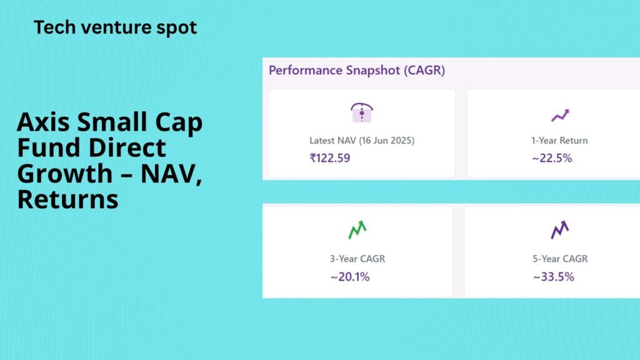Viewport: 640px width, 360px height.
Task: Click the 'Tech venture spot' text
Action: tap(115, 27)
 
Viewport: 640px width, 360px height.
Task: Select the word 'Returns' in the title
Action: tap(67, 199)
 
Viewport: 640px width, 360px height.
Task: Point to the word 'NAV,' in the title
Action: tap(171, 174)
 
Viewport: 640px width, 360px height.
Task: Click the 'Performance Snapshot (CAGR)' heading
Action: tap(357, 71)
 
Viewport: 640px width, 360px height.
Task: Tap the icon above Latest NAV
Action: tap(362, 112)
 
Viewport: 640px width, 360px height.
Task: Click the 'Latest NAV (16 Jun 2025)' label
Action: tap(362, 141)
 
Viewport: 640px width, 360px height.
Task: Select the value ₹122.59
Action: tap(330, 158)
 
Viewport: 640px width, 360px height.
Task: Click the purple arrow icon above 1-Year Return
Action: tap(560, 116)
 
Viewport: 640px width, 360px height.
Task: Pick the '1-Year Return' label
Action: tap(559, 141)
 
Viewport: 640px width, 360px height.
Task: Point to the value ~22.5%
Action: tap(552, 158)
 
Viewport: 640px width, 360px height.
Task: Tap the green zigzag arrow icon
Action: tap(357, 230)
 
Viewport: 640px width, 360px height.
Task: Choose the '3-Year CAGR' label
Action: tap(357, 259)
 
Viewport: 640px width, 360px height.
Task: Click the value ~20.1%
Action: tap(350, 277)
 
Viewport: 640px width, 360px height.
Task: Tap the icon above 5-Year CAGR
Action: tap(560, 230)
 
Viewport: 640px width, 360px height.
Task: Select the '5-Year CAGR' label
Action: tap(560, 259)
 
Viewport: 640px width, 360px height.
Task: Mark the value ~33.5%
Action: tap(554, 277)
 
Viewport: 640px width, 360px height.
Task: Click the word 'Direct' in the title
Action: tap(127, 147)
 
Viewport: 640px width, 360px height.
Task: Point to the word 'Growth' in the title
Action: tap(65, 174)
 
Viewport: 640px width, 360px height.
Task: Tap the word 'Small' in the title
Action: tap(112, 122)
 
